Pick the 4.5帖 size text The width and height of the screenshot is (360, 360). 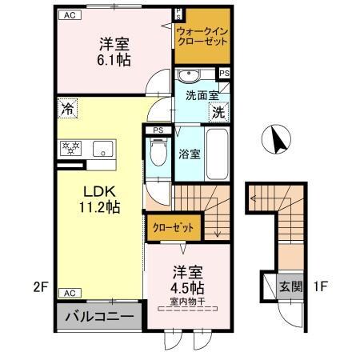[x=185, y=286]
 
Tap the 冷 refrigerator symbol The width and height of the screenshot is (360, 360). [x=69, y=108]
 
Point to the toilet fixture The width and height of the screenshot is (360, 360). [x=158, y=152]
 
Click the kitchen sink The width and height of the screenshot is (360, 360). [x=102, y=149]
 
